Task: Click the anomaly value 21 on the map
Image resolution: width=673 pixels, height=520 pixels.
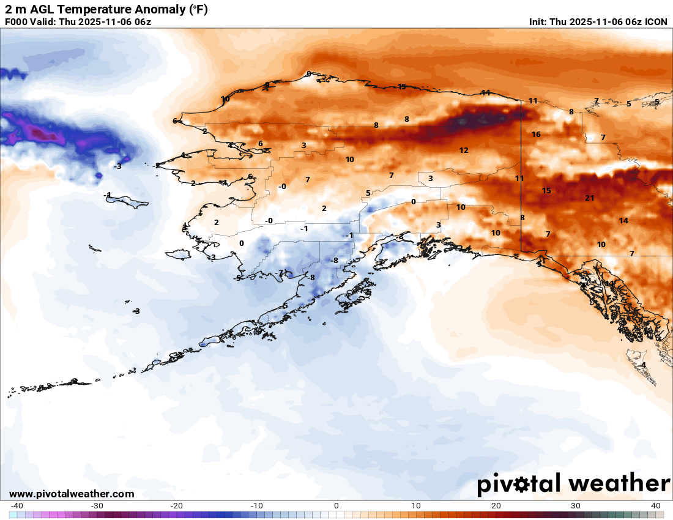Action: (590, 198)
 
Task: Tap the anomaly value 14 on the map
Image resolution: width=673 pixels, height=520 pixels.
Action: (623, 221)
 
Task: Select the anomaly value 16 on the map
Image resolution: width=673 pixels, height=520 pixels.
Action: (536, 135)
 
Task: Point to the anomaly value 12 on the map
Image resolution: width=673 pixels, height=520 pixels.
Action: (464, 150)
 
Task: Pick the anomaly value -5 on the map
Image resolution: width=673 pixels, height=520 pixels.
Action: (237, 278)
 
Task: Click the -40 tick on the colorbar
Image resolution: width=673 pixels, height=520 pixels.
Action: (17, 505)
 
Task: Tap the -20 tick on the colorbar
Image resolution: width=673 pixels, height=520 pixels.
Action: (177, 505)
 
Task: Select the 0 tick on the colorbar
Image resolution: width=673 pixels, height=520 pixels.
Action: (336, 505)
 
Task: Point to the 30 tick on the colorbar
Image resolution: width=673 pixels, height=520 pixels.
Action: (576, 505)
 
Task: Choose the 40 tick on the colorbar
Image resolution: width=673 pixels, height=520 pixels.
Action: (656, 505)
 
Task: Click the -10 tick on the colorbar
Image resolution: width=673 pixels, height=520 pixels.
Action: (256, 505)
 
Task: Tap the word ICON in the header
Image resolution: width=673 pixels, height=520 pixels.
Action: (656, 21)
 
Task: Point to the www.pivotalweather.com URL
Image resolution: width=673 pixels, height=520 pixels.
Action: (72, 494)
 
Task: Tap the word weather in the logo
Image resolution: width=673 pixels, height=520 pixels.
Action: (619, 483)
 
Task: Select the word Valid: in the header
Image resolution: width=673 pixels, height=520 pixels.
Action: (48, 21)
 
